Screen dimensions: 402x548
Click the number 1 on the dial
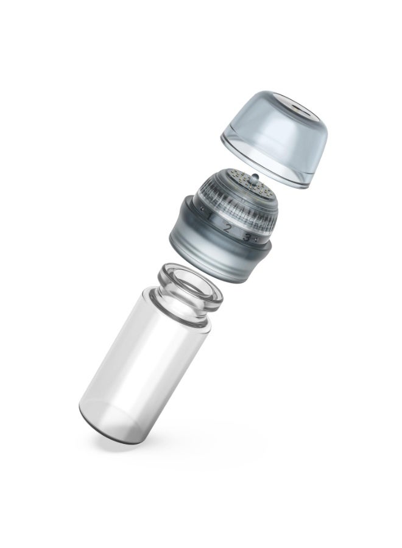pyautogui.click(x=209, y=217)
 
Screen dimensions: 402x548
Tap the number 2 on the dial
pyautogui.click(x=227, y=228)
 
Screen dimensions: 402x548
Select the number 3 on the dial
pyautogui.click(x=247, y=238)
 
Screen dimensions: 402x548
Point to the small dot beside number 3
pyautogui.click(x=256, y=239)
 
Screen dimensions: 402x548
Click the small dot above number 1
pyautogui.click(x=202, y=208)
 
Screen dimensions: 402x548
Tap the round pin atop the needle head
pyautogui.click(x=254, y=178)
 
